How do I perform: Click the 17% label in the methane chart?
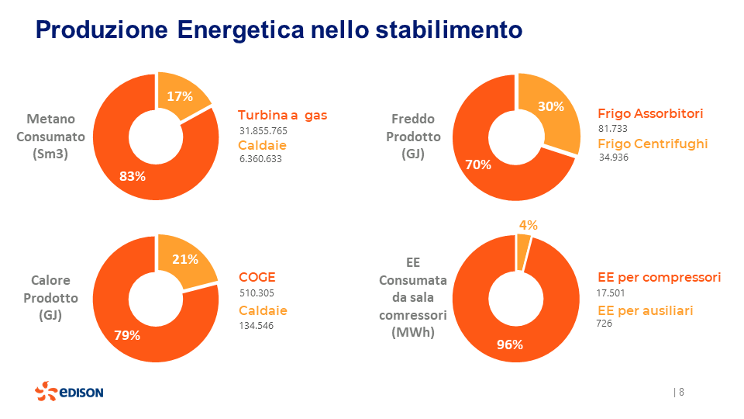click(180, 96)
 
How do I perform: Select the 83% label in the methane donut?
click(133, 176)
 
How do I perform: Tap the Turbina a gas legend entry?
click(282, 116)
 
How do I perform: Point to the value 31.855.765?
click(263, 130)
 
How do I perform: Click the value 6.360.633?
click(260, 159)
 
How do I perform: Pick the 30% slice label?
click(550, 107)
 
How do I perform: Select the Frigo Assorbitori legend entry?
click(650, 113)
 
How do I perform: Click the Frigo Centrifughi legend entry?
click(653, 144)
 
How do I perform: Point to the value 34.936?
click(613, 158)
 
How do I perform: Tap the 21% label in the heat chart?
click(185, 259)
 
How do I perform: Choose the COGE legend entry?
click(257, 278)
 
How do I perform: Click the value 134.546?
click(257, 325)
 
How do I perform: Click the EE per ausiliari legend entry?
click(645, 310)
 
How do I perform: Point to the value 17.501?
click(611, 293)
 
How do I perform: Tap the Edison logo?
click(69, 392)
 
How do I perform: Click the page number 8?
click(681, 392)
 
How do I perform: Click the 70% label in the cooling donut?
click(479, 164)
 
